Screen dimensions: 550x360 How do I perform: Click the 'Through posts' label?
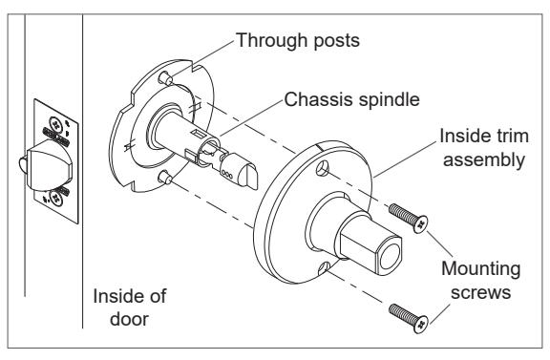pyautogui.click(x=298, y=40)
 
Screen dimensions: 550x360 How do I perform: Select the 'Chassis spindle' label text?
pyautogui.click(x=351, y=100)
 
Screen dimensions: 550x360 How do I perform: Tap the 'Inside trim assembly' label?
pyautogui.click(x=484, y=148)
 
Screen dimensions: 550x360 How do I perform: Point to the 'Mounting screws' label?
pyautogui.click(x=481, y=281)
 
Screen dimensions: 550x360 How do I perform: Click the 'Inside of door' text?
pyautogui.click(x=130, y=307)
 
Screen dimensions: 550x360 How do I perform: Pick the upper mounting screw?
pyautogui.click(x=409, y=218)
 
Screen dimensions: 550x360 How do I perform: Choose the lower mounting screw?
pyautogui.click(x=409, y=318)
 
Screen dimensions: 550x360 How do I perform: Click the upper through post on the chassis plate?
pyautogui.click(x=165, y=78)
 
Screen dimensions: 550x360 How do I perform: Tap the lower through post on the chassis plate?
pyautogui.click(x=165, y=178)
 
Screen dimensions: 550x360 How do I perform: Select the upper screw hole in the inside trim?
pyautogui.click(x=323, y=168)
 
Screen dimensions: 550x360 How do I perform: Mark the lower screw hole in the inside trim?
pyautogui.click(x=324, y=268)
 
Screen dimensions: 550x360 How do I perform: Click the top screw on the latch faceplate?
pyautogui.click(x=55, y=123)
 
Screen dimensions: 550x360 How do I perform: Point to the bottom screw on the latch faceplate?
pyautogui.click(x=55, y=199)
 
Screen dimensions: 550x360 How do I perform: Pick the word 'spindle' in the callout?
pyautogui.click(x=389, y=100)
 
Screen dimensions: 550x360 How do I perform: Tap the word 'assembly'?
pyautogui.click(x=484, y=160)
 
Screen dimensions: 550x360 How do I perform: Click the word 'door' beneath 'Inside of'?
pyautogui.click(x=130, y=319)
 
